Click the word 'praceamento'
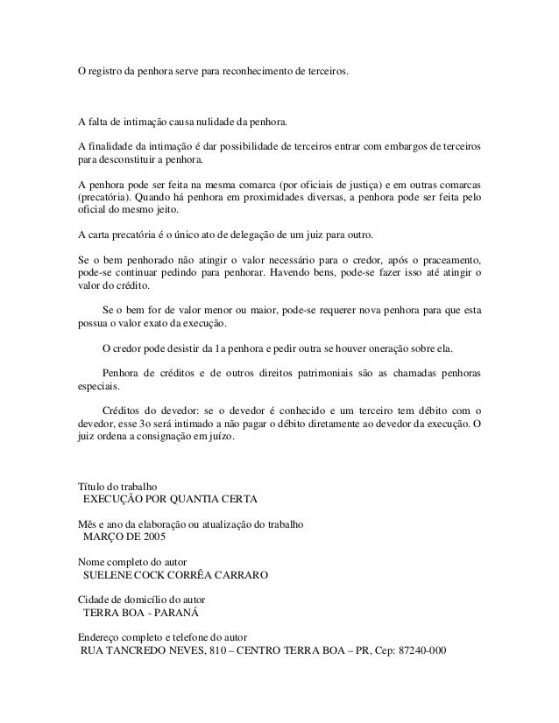449,260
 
